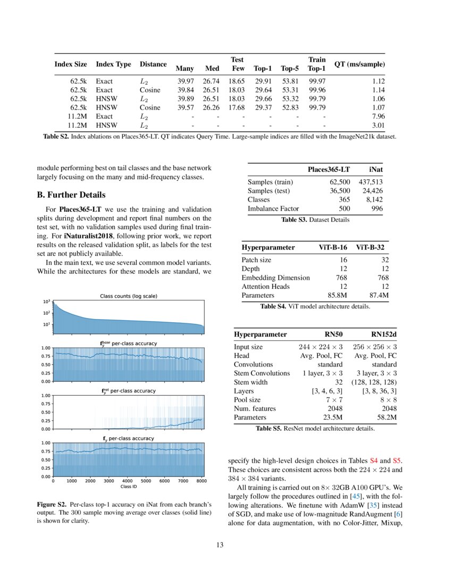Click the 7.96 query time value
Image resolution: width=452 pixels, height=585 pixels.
(377, 116)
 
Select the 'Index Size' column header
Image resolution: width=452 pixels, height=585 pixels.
(70, 64)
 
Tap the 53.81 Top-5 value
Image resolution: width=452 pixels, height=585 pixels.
(290, 81)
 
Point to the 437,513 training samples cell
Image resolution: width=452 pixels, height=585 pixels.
(373, 182)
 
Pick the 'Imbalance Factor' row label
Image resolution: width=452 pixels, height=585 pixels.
(273, 209)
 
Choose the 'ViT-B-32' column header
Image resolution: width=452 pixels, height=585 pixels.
(372, 248)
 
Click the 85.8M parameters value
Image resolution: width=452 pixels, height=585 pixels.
(336, 295)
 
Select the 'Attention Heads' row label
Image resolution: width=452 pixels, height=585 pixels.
(265, 287)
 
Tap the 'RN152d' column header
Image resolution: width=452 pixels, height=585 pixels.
(383, 334)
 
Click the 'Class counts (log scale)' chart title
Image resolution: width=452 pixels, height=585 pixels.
(129, 296)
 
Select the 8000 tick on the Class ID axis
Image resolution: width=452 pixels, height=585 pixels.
(202, 481)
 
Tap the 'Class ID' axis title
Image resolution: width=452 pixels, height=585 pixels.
(129, 487)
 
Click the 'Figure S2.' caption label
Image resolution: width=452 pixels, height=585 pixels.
(52, 503)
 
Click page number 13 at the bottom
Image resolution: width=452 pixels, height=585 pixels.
(220, 545)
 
